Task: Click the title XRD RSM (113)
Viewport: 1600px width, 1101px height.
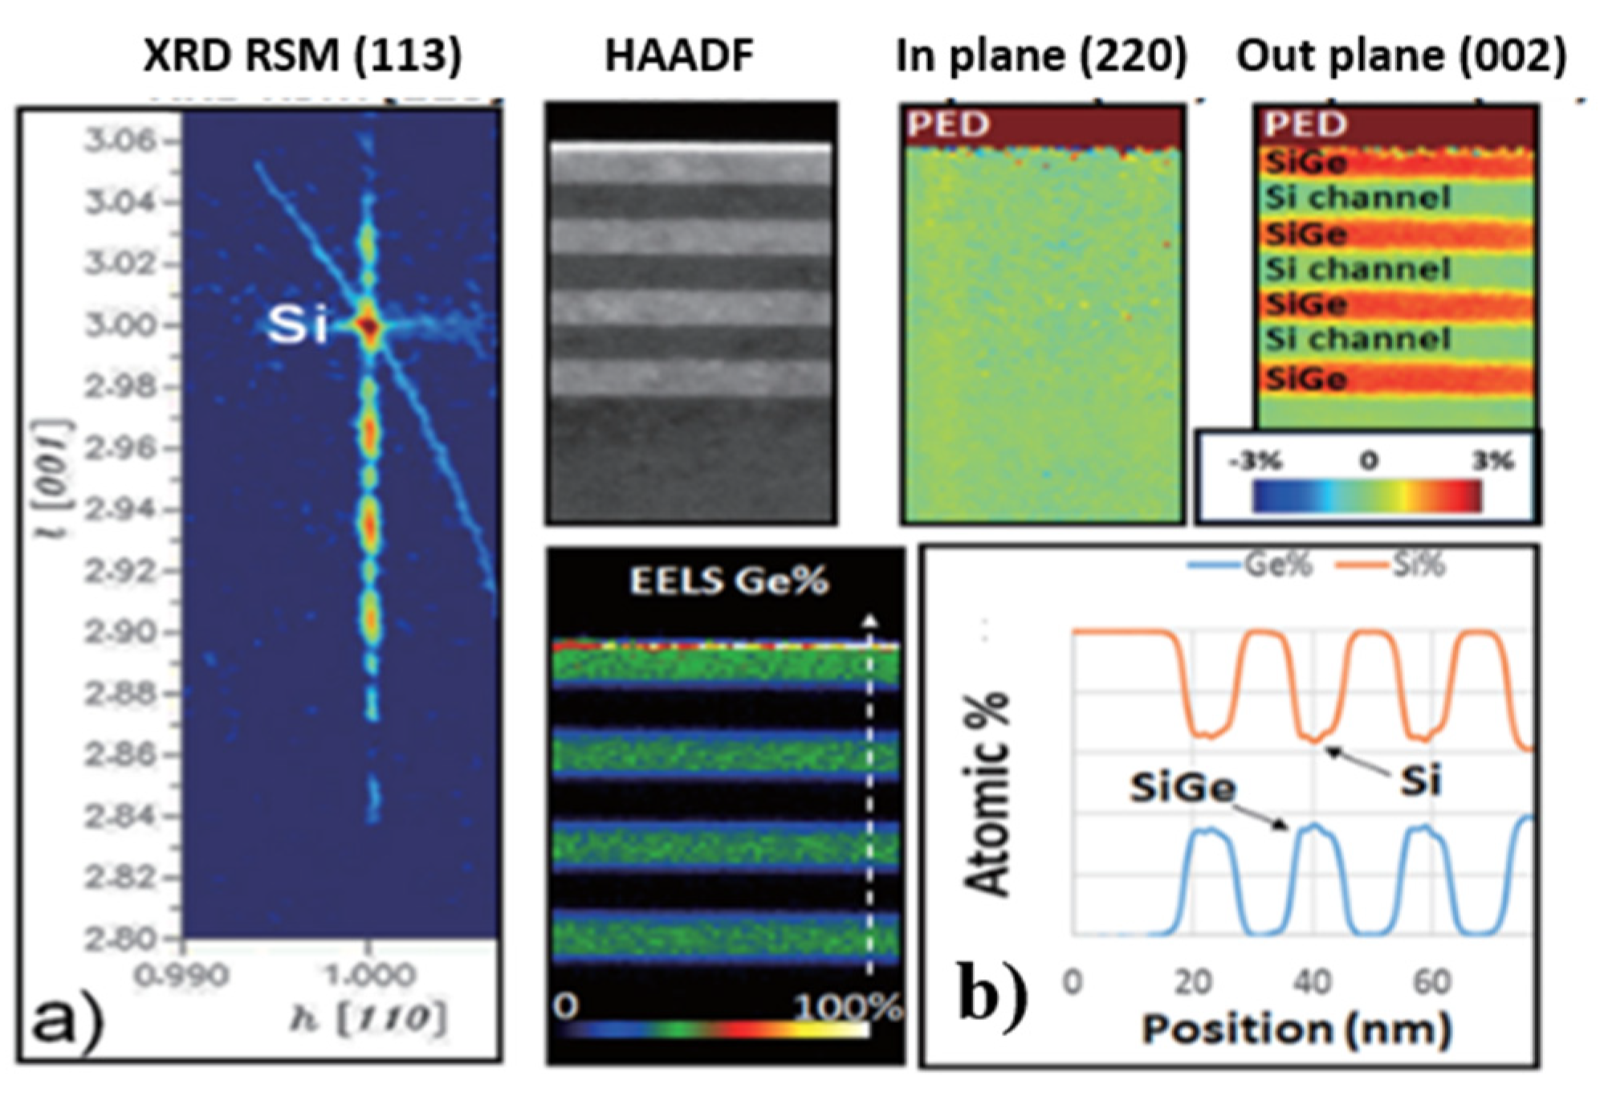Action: [x=302, y=56]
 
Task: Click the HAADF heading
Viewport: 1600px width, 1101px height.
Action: [x=679, y=56]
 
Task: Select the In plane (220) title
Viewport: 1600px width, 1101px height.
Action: [x=1041, y=56]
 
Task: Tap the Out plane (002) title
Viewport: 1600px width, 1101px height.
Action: [x=1401, y=56]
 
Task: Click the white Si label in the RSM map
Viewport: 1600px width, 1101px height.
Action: [x=298, y=325]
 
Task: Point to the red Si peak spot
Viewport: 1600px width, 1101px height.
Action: [x=369, y=327]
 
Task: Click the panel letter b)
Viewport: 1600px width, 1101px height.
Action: [x=993, y=996]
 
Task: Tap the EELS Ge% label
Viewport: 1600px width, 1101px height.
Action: [x=728, y=581]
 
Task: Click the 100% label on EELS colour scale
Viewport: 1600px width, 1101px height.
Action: [x=849, y=1007]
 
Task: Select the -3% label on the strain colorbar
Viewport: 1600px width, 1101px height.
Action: [x=1256, y=462]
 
